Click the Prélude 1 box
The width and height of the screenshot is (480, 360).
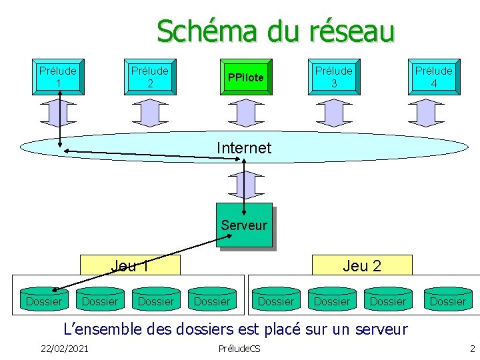[x=57, y=77]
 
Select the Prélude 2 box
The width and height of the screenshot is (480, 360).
[x=150, y=77]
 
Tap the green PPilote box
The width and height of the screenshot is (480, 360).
[x=245, y=78]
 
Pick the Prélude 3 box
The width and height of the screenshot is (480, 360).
[x=334, y=77]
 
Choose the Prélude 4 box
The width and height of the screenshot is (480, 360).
[x=433, y=77]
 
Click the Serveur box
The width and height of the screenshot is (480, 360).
[x=244, y=225]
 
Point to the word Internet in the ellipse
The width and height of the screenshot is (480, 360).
[x=244, y=147]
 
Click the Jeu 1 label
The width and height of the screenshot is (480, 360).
[x=129, y=266]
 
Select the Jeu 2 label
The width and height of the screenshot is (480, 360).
[x=362, y=266]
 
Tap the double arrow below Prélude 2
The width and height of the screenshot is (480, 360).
[x=150, y=112]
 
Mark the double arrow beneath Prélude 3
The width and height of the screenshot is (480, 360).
[x=334, y=112]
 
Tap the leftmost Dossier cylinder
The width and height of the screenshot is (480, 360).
[x=44, y=301]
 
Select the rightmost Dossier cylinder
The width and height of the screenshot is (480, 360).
[x=448, y=301]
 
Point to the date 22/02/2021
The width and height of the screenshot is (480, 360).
[x=64, y=349]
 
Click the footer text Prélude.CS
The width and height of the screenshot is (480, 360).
[x=239, y=349]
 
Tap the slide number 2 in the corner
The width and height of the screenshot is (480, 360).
[x=472, y=349]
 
